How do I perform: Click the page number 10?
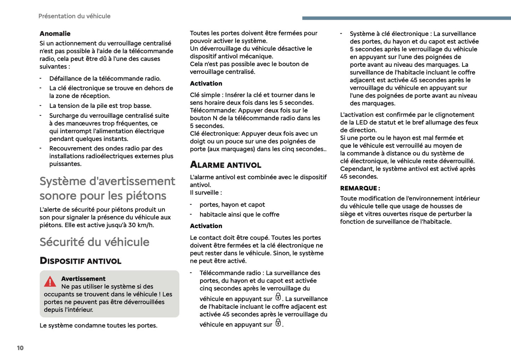[20, 348]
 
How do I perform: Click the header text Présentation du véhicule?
[74, 16]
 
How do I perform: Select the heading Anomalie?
[55, 34]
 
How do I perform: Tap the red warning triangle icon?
[50, 282]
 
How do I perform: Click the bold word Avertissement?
[83, 279]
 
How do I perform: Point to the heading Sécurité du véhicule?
[94, 242]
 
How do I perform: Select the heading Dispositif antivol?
[80, 261]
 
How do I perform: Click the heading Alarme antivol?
[225, 165]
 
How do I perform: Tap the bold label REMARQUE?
[360, 188]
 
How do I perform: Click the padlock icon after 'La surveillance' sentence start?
[278, 297]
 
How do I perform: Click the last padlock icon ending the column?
[278, 323]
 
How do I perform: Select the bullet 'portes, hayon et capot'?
[232, 205]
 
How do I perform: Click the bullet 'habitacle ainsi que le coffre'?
[239, 215]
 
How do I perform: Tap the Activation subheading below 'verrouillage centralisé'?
[206, 83]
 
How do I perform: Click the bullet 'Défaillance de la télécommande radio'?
[105, 79]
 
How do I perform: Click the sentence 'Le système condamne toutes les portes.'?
[98, 325]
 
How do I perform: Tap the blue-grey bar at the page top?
[406, 18]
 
